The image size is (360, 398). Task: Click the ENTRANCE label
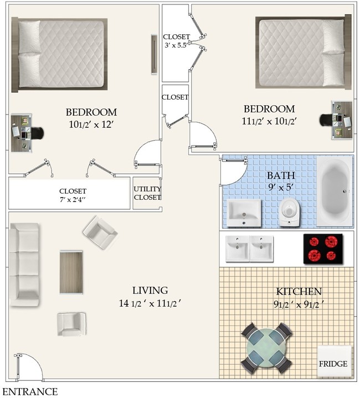[x=30, y=391]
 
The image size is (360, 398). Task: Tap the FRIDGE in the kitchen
[x=333, y=362]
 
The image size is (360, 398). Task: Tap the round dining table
[x=267, y=348]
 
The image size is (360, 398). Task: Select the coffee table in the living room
[x=71, y=272]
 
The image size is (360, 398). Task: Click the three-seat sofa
[x=24, y=265]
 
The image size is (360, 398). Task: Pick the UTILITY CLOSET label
[x=147, y=193]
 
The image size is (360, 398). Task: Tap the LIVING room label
[x=150, y=296]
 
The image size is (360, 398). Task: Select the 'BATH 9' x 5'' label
[x=281, y=180]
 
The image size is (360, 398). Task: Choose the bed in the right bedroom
[x=301, y=52]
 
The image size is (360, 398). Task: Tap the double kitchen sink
[x=250, y=248]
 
